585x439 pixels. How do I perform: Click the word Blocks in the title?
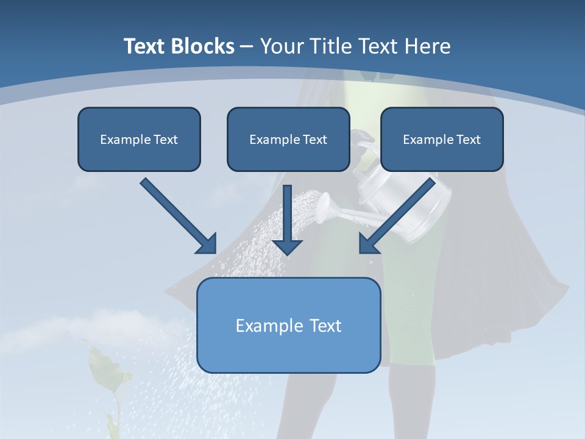(x=202, y=46)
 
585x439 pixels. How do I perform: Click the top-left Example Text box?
(x=139, y=139)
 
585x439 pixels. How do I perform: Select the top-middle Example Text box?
(x=288, y=139)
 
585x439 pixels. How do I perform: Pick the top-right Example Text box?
(x=442, y=139)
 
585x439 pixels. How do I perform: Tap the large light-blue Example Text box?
(x=289, y=325)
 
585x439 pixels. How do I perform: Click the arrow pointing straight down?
(x=287, y=220)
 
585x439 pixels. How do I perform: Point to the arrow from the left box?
(x=179, y=216)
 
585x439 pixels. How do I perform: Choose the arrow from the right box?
(x=397, y=216)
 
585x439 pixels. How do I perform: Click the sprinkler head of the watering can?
(x=324, y=207)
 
